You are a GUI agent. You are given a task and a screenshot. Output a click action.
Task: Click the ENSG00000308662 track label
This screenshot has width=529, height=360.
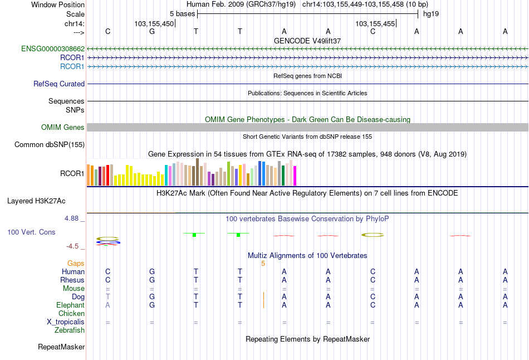53,48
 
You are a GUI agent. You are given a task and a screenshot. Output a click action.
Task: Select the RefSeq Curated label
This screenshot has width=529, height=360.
59,84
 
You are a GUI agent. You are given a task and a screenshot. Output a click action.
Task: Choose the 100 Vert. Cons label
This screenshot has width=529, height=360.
31,231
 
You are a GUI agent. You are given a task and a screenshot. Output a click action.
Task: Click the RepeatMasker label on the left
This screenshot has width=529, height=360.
61,347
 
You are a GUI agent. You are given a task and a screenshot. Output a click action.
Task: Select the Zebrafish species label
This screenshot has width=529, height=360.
70,330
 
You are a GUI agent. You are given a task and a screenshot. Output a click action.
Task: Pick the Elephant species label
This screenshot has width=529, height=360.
70,305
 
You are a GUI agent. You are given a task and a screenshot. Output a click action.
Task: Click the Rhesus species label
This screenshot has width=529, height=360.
72,280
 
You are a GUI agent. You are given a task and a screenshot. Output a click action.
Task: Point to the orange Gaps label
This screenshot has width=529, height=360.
76,263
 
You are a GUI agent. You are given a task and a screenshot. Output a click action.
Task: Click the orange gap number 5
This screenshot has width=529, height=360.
263,263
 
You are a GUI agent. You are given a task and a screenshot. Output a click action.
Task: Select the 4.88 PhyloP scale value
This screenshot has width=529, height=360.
72,218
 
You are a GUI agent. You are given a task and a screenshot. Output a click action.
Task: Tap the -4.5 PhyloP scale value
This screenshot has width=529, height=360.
73,246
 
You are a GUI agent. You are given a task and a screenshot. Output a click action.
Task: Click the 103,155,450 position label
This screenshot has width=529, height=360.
154,23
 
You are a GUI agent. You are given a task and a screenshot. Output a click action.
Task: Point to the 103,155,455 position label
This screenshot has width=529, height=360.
375,23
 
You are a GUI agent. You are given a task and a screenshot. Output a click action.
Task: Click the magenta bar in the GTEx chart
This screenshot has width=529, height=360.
295,176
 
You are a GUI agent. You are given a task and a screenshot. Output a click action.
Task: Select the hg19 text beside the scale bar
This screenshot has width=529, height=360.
431,13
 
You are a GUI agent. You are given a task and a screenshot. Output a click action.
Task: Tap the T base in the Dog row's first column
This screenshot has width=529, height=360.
108,296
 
